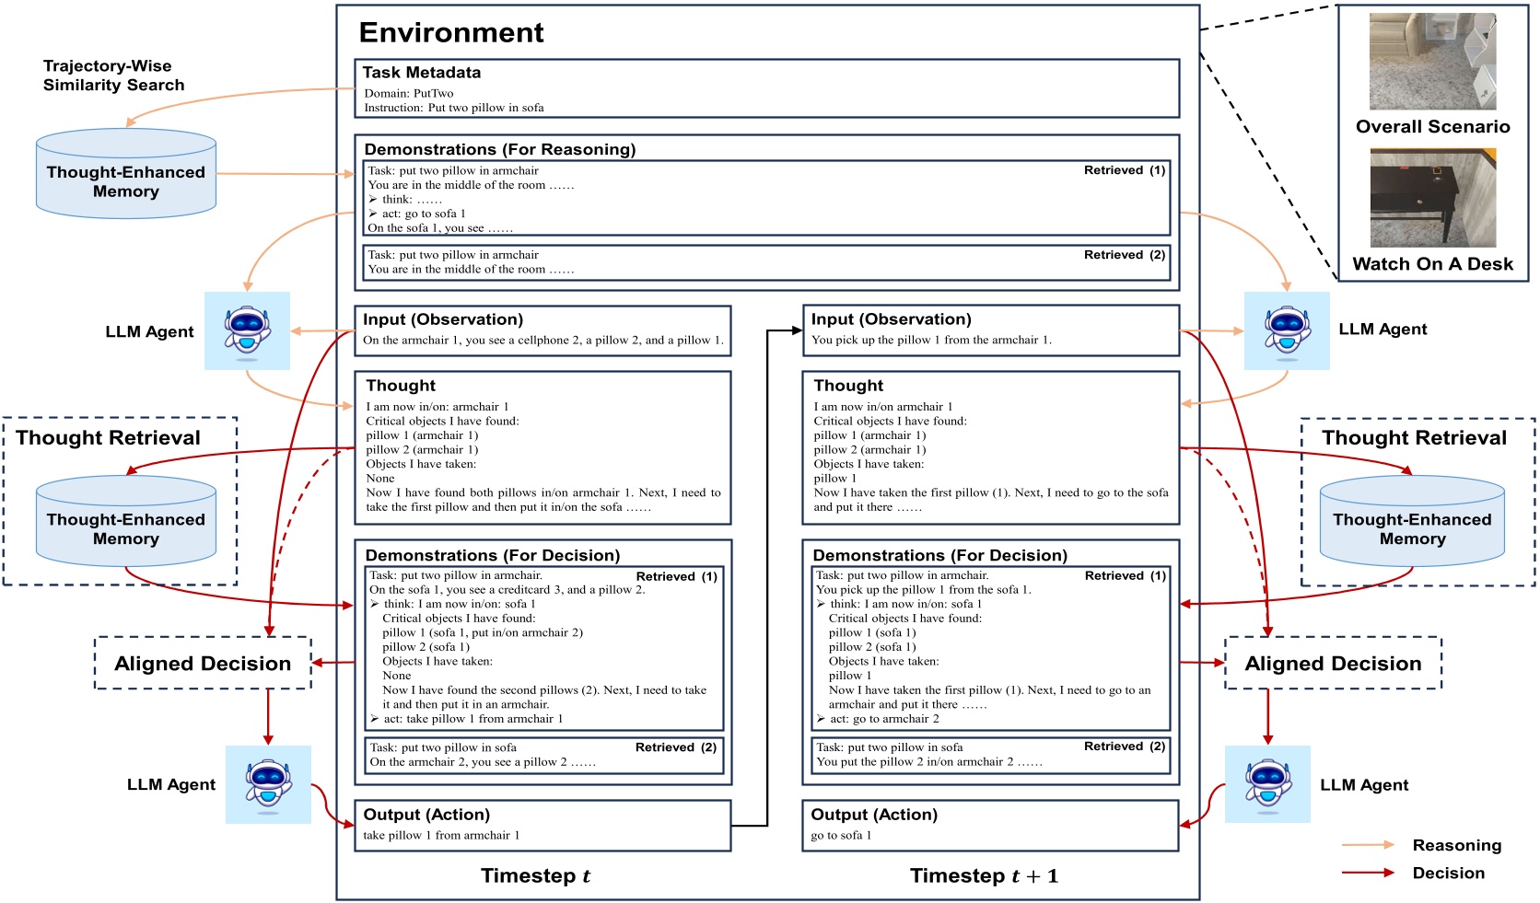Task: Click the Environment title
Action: tap(450, 33)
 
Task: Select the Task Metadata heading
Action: tap(421, 73)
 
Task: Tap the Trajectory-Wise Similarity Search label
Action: tap(113, 75)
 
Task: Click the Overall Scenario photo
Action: tap(1432, 62)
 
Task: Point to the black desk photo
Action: tap(1432, 198)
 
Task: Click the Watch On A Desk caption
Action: tap(1432, 264)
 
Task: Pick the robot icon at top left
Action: tap(247, 331)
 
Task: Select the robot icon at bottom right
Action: tap(1267, 784)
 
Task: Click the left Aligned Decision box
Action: tap(203, 664)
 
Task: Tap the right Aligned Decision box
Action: tap(1333, 664)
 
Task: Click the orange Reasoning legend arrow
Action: tap(1368, 845)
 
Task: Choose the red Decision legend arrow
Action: tap(1368, 873)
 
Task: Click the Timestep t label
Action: tap(535, 876)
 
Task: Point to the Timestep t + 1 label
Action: tap(984, 876)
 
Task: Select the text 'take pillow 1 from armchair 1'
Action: tap(441, 836)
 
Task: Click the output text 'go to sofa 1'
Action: tap(840, 836)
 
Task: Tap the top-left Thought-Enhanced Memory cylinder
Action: tap(126, 175)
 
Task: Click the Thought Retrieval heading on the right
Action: tap(1414, 438)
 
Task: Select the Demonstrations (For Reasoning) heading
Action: tap(499, 150)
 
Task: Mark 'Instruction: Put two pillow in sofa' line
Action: tap(454, 108)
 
